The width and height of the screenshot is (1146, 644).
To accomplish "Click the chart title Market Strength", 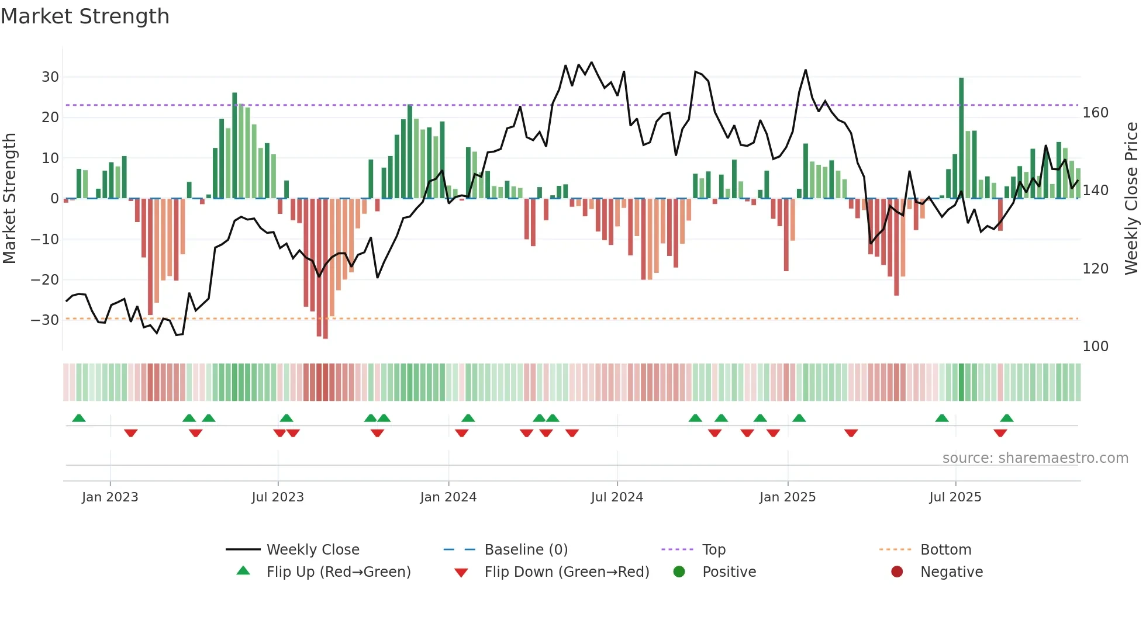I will [x=85, y=16].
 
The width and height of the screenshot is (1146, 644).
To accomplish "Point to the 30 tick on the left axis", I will [x=50, y=77].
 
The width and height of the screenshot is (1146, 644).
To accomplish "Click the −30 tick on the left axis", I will [x=46, y=320].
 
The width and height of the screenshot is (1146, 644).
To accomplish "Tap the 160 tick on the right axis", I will [x=1095, y=113].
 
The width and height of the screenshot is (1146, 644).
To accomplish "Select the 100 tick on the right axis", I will [x=1095, y=347].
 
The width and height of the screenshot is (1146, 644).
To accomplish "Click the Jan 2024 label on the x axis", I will [x=448, y=497].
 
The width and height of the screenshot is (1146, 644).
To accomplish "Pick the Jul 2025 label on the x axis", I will [x=955, y=497].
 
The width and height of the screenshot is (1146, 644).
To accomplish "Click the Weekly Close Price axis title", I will [x=1131, y=199].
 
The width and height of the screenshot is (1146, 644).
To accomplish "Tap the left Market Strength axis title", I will [x=10, y=199].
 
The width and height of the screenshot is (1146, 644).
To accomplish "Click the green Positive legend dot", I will [x=679, y=572].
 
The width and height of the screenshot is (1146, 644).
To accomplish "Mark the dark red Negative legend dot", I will [x=897, y=572].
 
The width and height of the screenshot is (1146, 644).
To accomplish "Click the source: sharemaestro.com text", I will [x=1035, y=458].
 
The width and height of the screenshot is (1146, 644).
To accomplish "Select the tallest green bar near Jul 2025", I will [x=961, y=138].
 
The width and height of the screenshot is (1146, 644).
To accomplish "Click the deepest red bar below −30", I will [x=326, y=269].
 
